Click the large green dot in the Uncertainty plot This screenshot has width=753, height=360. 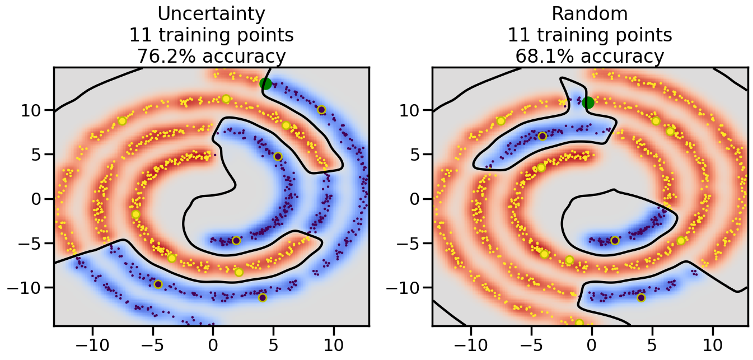[265, 84]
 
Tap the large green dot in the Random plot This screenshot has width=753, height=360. [588, 102]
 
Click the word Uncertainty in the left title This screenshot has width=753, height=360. [211, 13]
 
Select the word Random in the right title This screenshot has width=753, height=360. [590, 13]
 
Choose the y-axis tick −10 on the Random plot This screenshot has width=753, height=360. [406, 288]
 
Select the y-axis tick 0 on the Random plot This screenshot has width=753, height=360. [418, 199]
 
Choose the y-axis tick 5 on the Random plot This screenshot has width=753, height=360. [418, 155]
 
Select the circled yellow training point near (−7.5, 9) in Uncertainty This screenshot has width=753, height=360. [122, 121]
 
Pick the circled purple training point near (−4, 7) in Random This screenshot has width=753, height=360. [542, 136]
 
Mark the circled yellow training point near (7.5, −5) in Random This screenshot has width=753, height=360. [681, 241]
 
